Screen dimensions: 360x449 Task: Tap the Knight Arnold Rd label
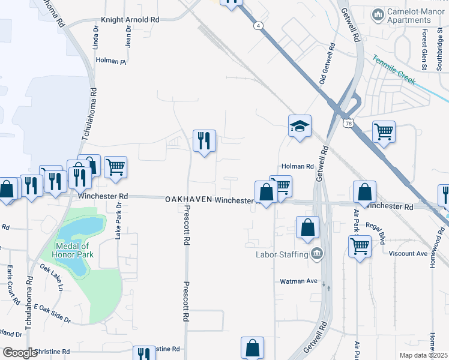(x=130, y=20)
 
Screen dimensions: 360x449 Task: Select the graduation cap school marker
(x=300, y=127)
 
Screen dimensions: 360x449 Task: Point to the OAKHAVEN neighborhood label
(x=188, y=200)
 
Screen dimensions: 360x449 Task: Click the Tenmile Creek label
(x=394, y=70)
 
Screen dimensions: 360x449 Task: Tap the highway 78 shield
(x=348, y=124)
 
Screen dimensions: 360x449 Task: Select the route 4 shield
(x=258, y=26)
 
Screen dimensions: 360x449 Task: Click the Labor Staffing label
(x=282, y=254)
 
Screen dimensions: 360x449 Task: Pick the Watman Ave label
(x=298, y=281)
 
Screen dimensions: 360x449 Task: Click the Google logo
(x=20, y=353)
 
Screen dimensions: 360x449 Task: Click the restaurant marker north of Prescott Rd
(x=204, y=141)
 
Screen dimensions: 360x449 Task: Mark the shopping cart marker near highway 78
(x=384, y=131)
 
